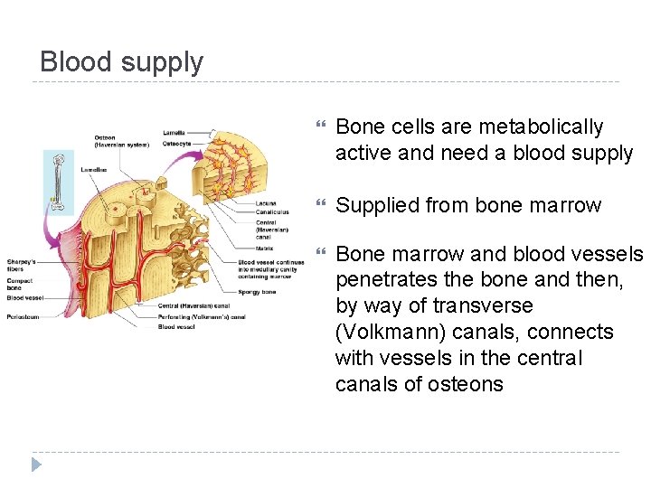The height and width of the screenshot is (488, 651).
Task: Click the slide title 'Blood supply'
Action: tap(122, 62)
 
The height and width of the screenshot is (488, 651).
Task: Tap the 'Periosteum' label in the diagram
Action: tap(23, 317)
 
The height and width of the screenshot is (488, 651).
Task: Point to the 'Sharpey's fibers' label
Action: tap(19, 266)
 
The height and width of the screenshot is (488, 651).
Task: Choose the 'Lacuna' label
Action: tap(266, 203)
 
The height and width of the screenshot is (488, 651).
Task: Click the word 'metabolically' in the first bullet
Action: tap(541, 127)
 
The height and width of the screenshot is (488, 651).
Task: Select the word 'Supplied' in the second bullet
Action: tap(373, 205)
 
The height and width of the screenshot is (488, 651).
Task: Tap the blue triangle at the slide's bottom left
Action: tap(36, 465)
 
